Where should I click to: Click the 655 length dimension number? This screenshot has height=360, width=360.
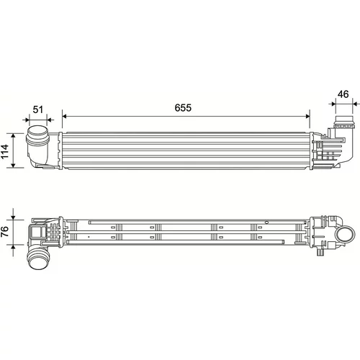coord(183,108)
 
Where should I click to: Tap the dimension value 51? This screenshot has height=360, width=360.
coord(38,109)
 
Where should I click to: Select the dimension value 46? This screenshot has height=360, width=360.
coord(343,94)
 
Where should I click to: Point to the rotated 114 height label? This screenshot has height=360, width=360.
coord(4,151)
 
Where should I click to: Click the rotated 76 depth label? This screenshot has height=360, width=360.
coord(4,232)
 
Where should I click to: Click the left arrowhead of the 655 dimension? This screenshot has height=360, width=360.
coord(64,116)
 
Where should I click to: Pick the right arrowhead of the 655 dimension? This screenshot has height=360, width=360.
coord(307,116)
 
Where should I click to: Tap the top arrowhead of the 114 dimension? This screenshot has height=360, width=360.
coord(13,136)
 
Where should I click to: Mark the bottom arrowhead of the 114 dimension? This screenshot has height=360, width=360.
coord(13,165)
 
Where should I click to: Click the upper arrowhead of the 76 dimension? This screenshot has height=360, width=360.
coord(13,217)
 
